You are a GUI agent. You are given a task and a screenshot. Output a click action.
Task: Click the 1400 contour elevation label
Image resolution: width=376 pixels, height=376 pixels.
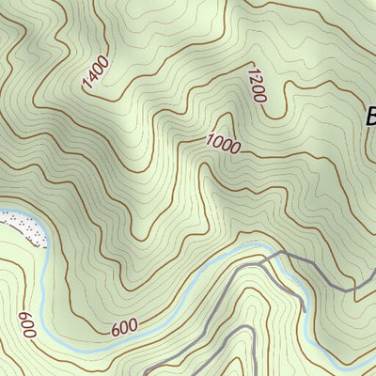pyautogui.click(x=96, y=73)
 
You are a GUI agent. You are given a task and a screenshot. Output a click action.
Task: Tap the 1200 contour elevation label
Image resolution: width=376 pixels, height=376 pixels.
pyautogui.click(x=256, y=85)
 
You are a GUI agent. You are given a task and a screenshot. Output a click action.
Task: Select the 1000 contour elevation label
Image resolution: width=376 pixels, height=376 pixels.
pyautogui.click(x=224, y=145)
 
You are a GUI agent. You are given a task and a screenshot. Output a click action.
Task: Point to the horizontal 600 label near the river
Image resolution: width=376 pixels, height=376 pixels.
pyautogui.click(x=124, y=328)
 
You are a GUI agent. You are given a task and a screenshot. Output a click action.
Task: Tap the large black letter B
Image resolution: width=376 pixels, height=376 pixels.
pyautogui.click(x=370, y=117)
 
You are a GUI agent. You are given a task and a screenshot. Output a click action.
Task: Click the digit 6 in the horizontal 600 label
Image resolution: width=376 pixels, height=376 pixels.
pyautogui.click(x=116, y=330)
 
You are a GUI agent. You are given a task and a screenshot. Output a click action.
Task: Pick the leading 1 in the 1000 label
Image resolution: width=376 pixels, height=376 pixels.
pyautogui.click(x=211, y=141)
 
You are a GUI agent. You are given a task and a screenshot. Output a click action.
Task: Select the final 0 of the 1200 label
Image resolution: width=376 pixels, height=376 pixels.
pyautogui.click(x=259, y=95)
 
